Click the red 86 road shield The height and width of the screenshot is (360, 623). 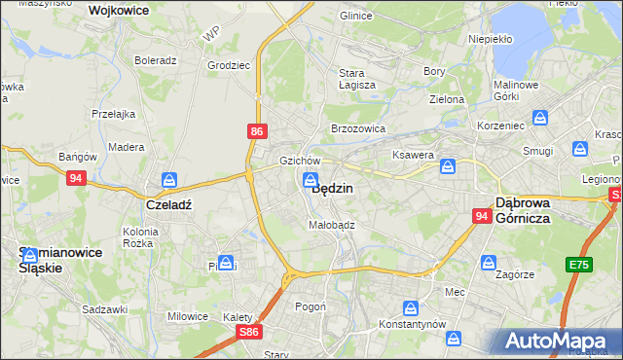[256, 130]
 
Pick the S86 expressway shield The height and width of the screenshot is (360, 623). [250, 332]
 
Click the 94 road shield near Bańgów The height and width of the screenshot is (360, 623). [77, 178]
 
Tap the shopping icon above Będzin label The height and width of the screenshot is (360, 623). [310, 178]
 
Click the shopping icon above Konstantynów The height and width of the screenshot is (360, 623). [411, 306]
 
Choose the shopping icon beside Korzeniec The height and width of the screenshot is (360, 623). [541, 119]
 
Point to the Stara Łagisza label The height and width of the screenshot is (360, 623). [350, 79]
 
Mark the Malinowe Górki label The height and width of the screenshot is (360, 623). [516, 90]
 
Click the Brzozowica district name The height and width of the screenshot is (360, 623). [358, 128]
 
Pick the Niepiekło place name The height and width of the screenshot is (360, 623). [490, 40]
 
